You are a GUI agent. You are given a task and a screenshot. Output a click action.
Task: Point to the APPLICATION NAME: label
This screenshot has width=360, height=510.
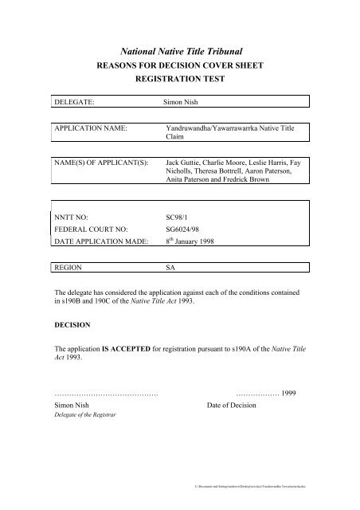click(x=96, y=127)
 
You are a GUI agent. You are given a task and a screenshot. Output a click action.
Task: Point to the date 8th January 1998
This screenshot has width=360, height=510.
click(x=193, y=242)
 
